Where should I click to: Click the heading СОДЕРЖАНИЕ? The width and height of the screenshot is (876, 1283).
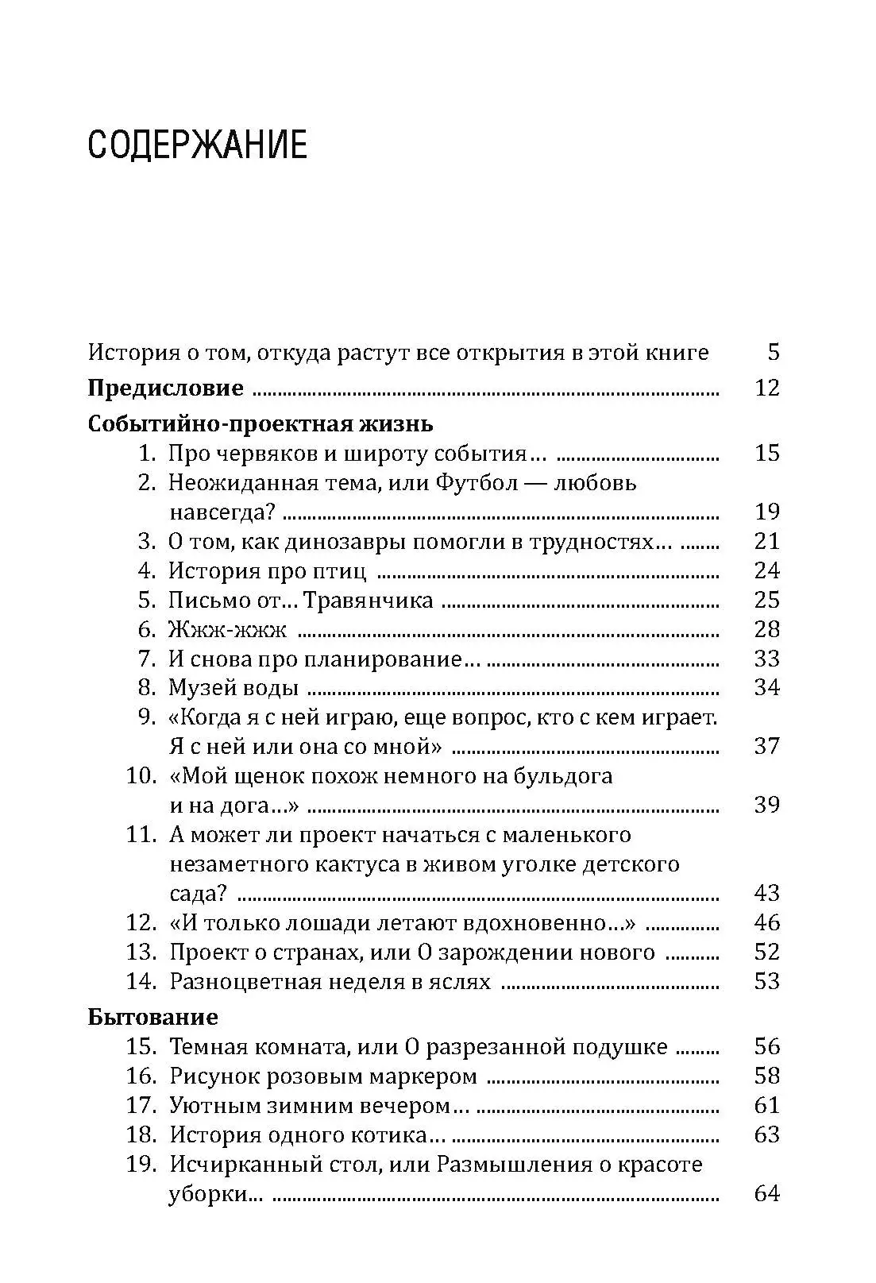(x=197, y=146)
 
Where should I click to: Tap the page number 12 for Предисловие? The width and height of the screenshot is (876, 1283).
(x=766, y=388)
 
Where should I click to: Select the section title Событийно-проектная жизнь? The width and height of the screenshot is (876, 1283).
(x=260, y=423)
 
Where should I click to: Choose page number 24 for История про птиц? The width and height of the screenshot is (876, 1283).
(x=766, y=570)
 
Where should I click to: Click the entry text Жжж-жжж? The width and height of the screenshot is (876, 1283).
(x=227, y=629)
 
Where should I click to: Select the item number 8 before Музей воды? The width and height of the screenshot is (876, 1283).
(x=146, y=688)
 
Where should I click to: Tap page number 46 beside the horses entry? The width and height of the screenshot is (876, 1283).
(x=766, y=922)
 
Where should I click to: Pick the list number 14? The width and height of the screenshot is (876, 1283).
(x=140, y=981)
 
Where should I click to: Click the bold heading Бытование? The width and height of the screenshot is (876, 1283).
(x=152, y=1017)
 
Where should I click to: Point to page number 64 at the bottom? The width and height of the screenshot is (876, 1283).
(x=766, y=1193)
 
